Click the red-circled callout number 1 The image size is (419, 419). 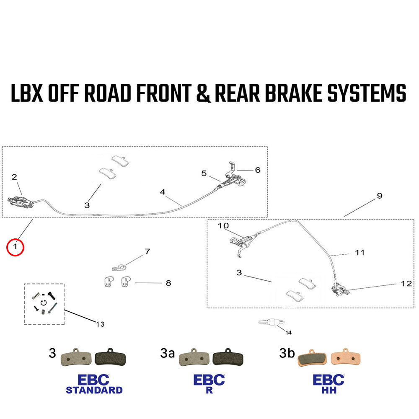(16, 247)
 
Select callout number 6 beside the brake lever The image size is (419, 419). (257, 170)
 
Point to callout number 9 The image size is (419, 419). (379, 196)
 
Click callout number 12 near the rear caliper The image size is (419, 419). (406, 284)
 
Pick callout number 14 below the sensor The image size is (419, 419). (288, 333)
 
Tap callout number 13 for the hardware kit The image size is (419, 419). (100, 324)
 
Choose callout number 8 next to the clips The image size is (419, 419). (168, 283)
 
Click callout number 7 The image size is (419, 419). (147, 252)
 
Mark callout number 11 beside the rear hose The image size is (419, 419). (360, 253)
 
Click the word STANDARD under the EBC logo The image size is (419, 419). (94, 390)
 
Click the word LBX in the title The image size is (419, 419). (27, 93)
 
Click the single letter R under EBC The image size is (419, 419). (209, 390)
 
